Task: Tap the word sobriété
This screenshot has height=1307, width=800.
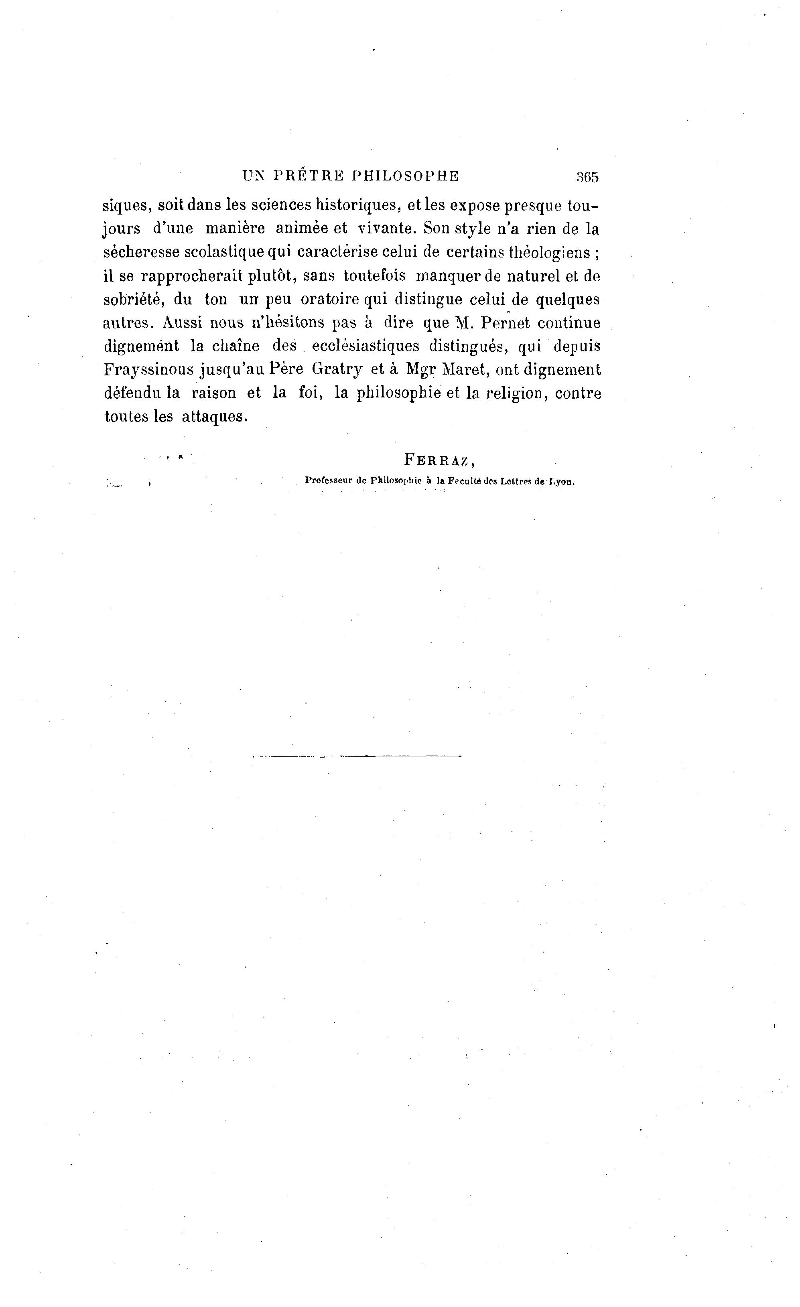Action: (x=134, y=299)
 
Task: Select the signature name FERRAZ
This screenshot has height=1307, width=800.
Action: (x=437, y=459)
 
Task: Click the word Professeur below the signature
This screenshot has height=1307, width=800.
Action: (x=328, y=481)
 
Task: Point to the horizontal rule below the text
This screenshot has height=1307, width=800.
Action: (x=357, y=756)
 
